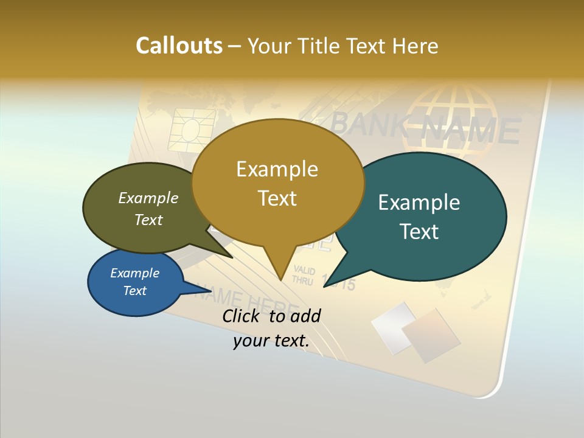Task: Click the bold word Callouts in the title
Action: (179, 46)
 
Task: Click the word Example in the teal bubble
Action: (419, 203)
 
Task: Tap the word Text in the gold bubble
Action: (277, 198)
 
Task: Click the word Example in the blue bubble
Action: (134, 273)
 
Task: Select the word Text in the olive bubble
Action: (148, 220)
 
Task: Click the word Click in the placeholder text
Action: (242, 316)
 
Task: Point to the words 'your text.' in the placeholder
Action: (271, 341)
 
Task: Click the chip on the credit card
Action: (192, 128)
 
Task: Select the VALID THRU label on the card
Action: (303, 275)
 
